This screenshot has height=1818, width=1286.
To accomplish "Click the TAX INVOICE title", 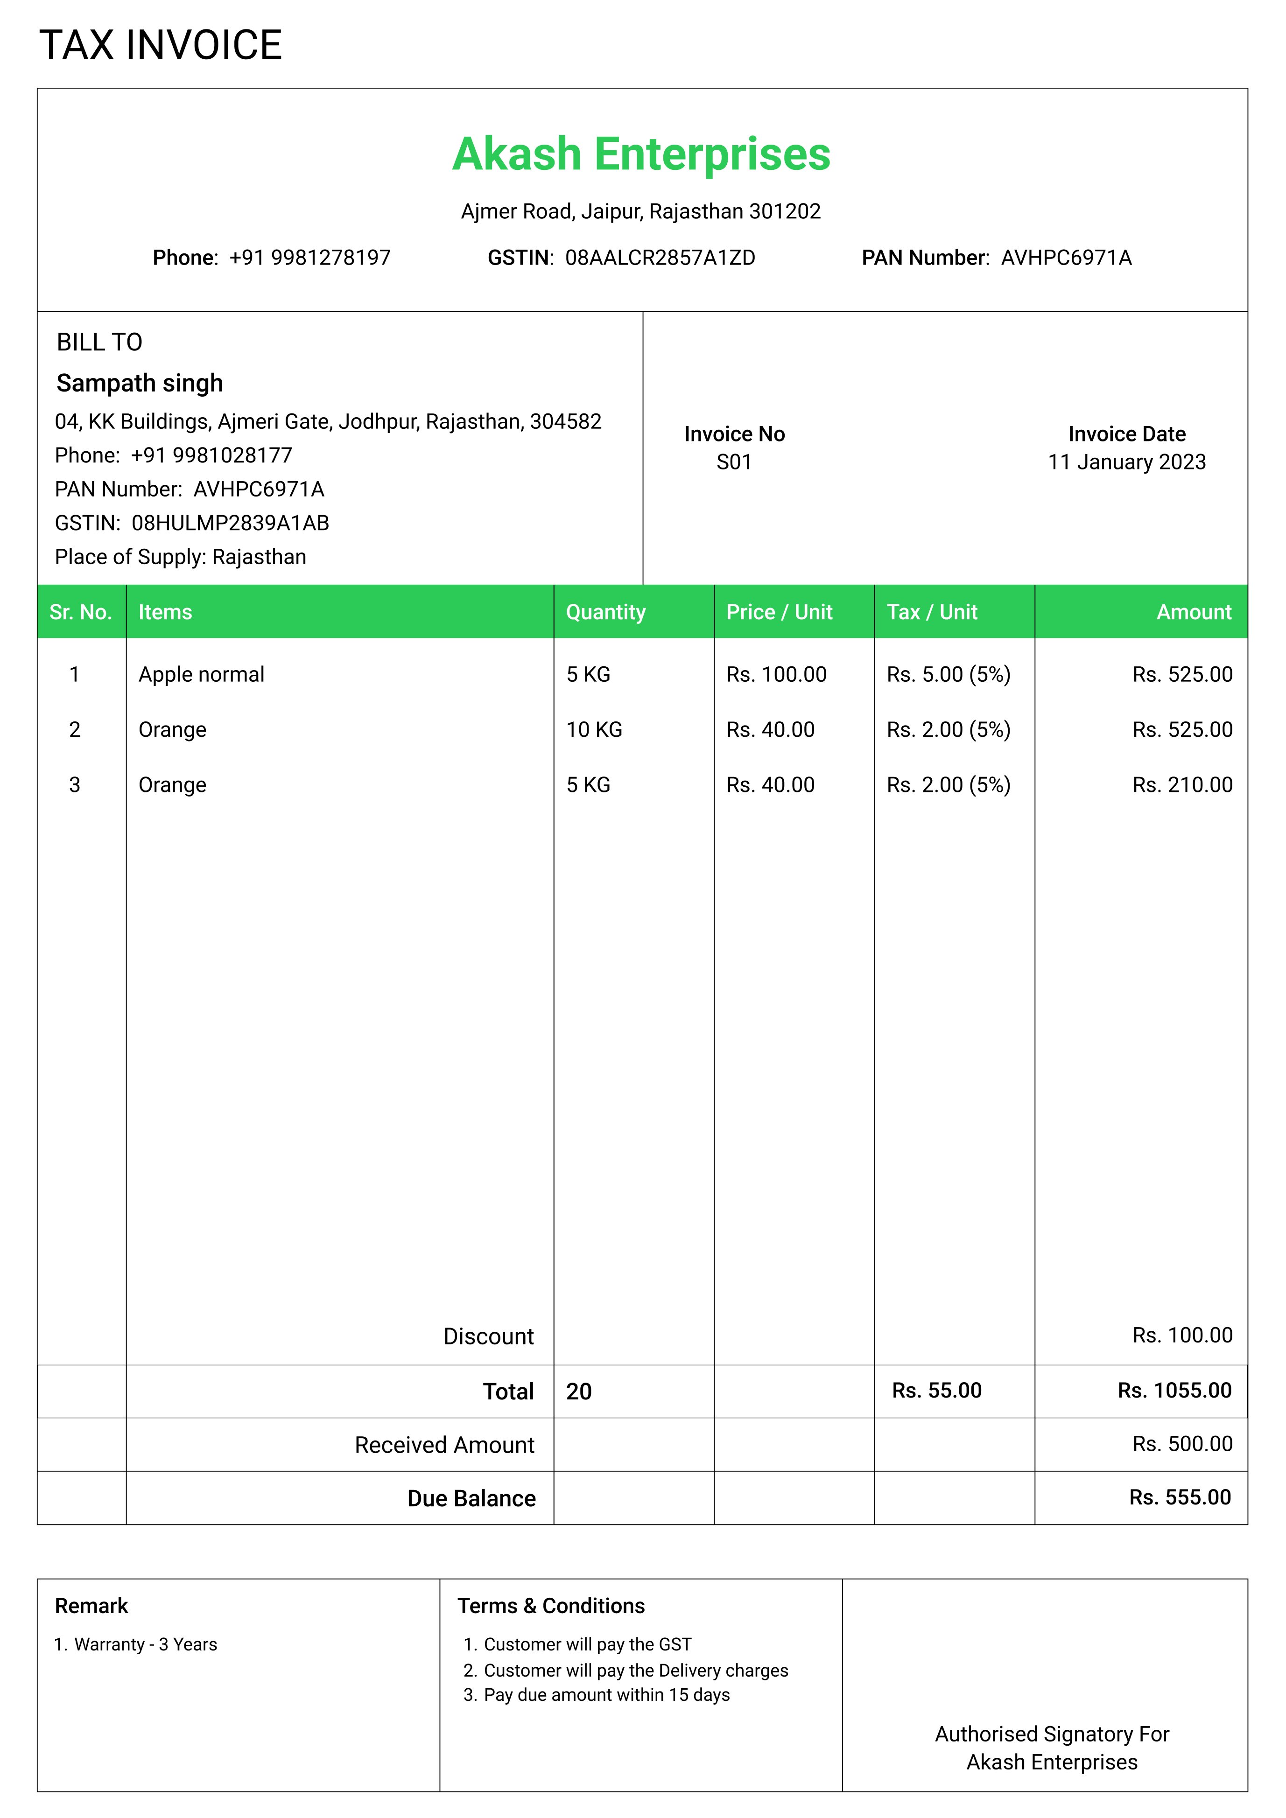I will point(161,45).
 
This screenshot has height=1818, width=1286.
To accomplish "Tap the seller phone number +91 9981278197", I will point(309,258).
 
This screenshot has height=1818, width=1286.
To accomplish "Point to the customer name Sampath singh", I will point(140,383).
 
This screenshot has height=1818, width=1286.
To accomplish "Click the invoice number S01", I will point(733,462).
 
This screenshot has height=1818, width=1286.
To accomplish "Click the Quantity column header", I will point(606,612).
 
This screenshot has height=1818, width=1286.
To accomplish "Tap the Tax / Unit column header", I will point(932,612).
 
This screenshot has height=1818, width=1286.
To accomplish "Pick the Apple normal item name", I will point(201,675).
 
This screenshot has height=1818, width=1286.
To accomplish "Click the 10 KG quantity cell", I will point(594,730).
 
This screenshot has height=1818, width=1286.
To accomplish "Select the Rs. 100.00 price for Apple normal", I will point(776,675).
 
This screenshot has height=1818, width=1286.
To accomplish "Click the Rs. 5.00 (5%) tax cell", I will point(948,675).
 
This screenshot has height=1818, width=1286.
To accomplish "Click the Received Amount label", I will point(444,1445).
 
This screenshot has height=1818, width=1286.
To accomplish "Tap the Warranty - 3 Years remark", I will point(145,1644).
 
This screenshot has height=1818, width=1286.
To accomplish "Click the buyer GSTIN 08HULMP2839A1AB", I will point(230,524).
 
